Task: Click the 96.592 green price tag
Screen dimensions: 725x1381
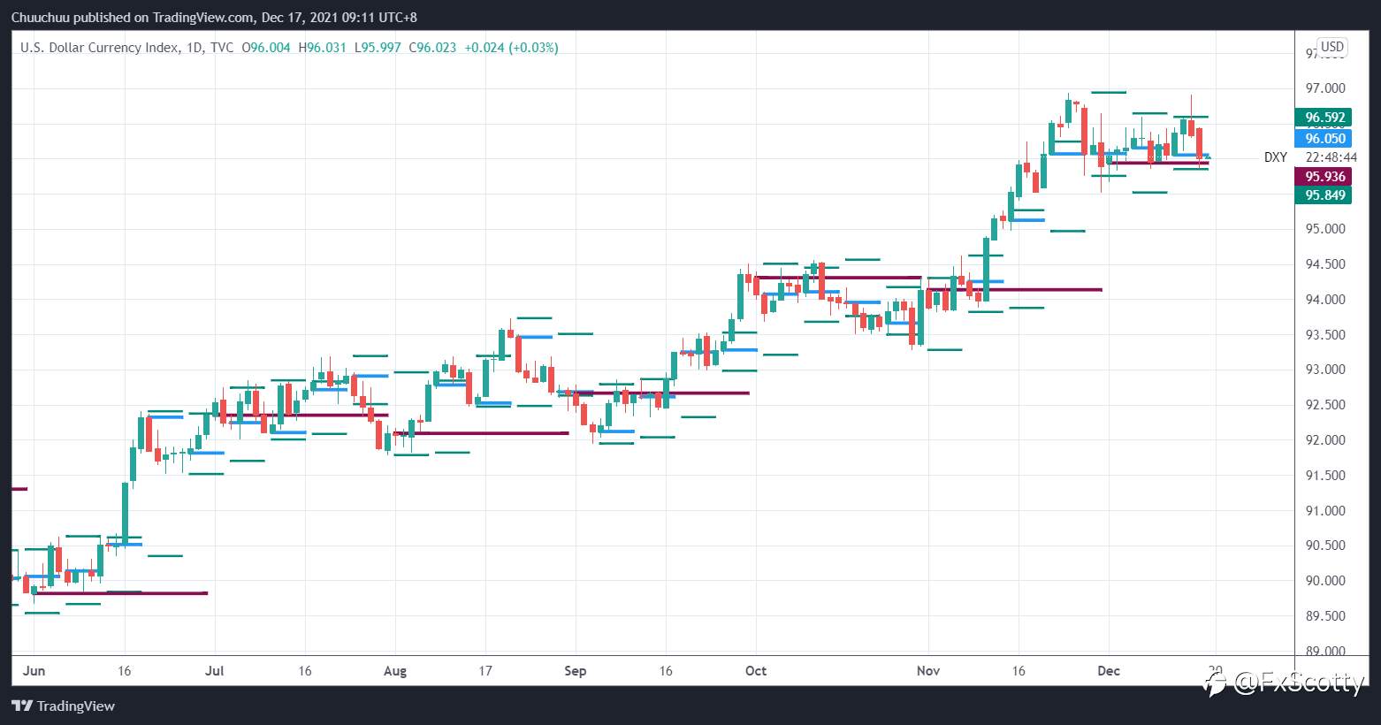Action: tap(1324, 118)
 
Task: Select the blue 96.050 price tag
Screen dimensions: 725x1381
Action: tap(1324, 139)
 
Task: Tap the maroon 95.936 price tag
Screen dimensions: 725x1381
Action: tap(1324, 177)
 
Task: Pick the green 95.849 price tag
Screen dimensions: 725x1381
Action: tap(1324, 195)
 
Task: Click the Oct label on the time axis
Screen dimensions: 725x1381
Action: tap(756, 671)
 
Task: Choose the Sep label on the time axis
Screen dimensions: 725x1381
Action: tap(576, 671)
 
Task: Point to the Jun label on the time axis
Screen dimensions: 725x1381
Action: tap(34, 671)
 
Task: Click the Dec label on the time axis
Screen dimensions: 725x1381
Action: tap(1109, 671)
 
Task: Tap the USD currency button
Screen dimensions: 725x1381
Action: tap(1331, 47)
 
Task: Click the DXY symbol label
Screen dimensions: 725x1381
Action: tap(1275, 157)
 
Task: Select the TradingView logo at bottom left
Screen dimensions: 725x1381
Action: tap(64, 706)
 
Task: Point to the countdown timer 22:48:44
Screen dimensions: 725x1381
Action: tap(1324, 157)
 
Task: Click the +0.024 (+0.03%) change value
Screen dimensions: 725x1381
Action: tap(511, 48)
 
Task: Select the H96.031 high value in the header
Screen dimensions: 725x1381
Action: tap(322, 48)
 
